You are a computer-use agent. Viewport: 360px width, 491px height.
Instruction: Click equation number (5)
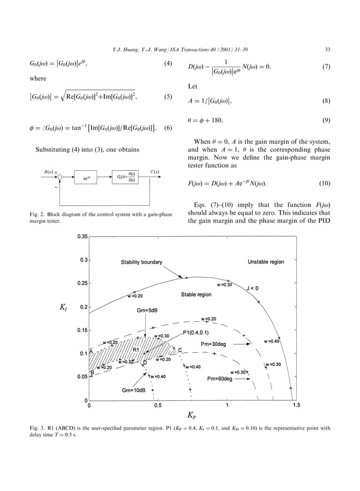(x=168, y=96)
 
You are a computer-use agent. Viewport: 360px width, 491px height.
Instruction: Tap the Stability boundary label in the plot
(x=141, y=262)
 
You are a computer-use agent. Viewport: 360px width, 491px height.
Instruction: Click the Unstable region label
(x=266, y=262)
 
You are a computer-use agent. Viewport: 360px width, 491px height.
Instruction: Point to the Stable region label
(x=196, y=294)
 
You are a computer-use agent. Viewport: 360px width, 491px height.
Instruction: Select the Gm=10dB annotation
(x=135, y=390)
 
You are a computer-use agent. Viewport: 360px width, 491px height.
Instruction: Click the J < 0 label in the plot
(x=252, y=288)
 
